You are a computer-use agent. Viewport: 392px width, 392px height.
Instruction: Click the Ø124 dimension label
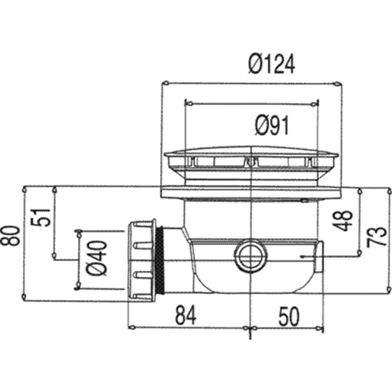(271, 65)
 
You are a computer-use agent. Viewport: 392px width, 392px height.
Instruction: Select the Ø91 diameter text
(272, 125)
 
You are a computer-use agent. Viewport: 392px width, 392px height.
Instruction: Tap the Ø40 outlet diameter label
(96, 258)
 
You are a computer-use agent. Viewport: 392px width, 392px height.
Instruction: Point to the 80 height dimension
(10, 236)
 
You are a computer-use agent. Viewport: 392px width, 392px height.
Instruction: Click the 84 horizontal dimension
(186, 315)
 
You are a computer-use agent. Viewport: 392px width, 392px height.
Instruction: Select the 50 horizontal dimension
(289, 317)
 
